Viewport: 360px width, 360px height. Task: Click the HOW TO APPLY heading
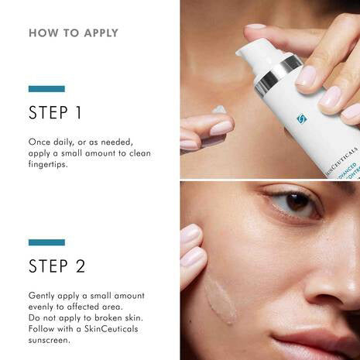(x=74, y=33)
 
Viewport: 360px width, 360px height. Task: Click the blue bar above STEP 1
(x=46, y=89)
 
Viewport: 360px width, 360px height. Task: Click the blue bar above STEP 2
(x=46, y=242)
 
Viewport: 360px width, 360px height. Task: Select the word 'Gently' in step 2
(x=43, y=296)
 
